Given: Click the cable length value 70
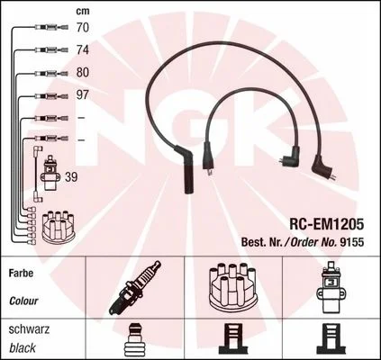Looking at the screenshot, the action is [83, 28].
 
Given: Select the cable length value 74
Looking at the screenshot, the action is [83, 49].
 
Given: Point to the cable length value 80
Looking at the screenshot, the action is [83, 72].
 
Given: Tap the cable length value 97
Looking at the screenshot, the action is [83, 94].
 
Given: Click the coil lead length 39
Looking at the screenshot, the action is [71, 177].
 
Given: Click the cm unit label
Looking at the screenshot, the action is [83, 11].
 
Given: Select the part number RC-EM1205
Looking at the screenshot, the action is [327, 223].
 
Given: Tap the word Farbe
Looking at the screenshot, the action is [21, 274].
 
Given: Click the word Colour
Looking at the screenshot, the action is [23, 301].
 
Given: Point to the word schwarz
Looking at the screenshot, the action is [29, 329].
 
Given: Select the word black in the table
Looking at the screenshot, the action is [23, 348].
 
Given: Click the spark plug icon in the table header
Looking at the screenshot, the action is [135, 287].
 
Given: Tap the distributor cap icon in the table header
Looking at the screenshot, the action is [233, 287].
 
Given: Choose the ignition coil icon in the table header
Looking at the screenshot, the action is [330, 287].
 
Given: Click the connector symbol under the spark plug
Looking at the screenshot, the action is [135, 339].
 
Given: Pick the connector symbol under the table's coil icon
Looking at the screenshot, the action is [331, 339].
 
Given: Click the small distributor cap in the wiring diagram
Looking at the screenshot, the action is [59, 226].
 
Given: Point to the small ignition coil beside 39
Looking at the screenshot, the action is [51, 173].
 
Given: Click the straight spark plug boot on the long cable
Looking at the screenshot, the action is [186, 169].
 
